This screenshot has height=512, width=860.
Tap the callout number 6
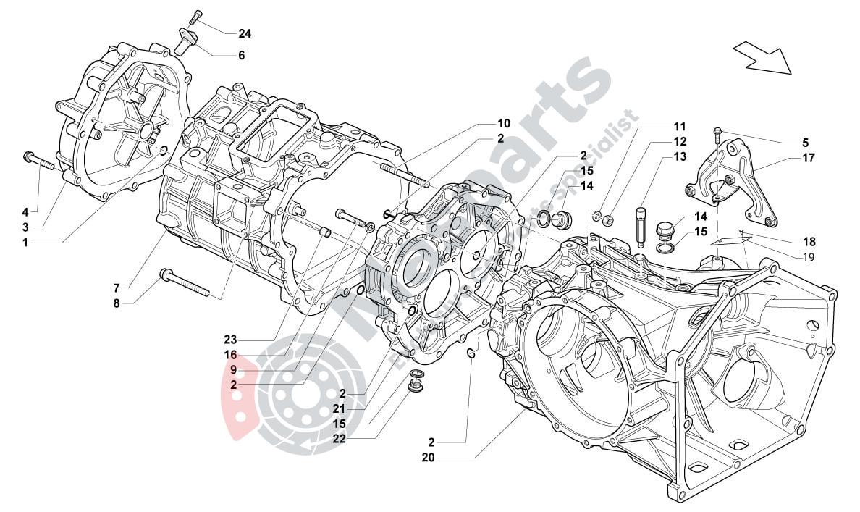point(241,55)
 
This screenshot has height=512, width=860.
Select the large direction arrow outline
point(762,57)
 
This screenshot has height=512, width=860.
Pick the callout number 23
point(230,340)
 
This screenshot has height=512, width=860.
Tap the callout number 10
point(503,123)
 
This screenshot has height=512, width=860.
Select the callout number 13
point(680,156)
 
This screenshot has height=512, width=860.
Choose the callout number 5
point(805,143)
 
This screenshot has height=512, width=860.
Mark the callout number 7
point(116,288)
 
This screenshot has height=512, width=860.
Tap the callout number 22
point(340,438)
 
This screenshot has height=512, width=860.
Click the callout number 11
point(680,126)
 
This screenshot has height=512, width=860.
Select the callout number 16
point(230,356)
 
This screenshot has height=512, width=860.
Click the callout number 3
point(25,227)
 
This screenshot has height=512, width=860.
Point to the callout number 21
point(340,408)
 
